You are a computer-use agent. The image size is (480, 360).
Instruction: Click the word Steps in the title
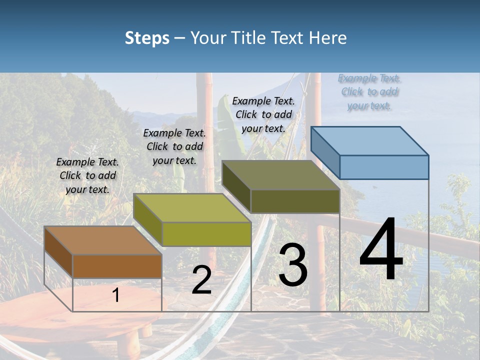147,38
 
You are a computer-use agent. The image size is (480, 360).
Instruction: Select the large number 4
381,250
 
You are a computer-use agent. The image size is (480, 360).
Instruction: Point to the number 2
201,280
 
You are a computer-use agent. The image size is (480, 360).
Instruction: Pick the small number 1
116,295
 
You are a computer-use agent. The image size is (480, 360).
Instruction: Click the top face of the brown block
102,240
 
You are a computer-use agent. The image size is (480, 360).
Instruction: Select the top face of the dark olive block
280,175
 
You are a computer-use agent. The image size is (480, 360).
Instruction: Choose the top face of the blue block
369,141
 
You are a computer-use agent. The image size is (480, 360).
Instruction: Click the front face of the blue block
384,167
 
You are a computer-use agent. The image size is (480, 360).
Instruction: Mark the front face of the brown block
117,266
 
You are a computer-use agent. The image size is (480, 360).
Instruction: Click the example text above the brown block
87,175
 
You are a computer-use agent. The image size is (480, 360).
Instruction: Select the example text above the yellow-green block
174,146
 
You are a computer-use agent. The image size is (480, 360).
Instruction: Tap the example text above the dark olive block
263,114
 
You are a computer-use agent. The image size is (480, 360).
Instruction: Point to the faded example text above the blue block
369,91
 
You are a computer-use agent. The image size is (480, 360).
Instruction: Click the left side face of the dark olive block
236,186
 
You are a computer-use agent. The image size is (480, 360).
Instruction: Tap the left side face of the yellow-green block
148,219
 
